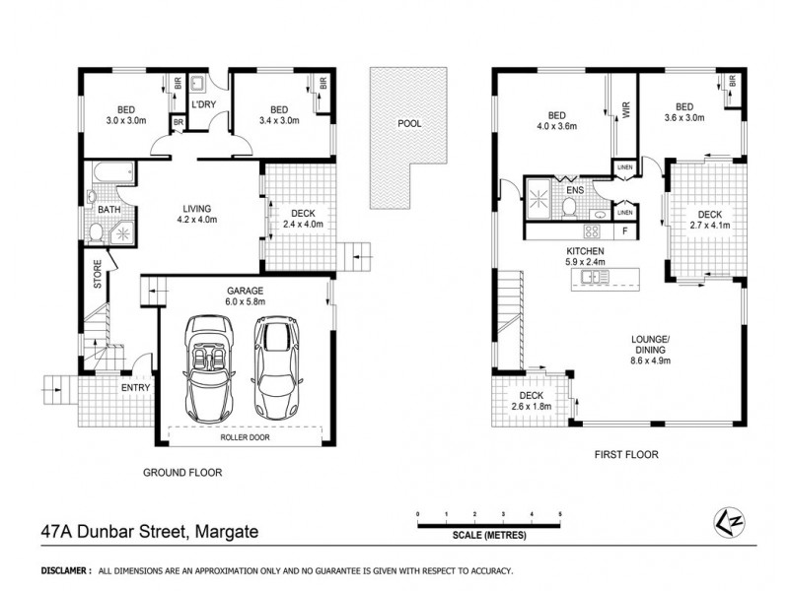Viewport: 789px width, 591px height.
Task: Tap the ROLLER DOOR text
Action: (245, 433)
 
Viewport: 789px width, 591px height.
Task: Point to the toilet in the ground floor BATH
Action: (97, 232)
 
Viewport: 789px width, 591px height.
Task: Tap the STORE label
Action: (98, 273)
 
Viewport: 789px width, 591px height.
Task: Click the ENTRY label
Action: (136, 388)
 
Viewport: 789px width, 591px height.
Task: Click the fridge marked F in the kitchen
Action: (625, 232)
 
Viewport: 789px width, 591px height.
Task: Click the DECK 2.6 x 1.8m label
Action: (531, 400)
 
